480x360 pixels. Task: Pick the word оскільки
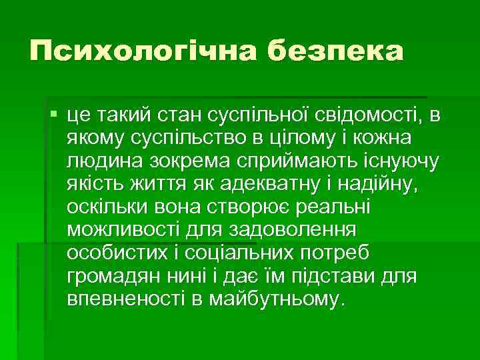[106, 207]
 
